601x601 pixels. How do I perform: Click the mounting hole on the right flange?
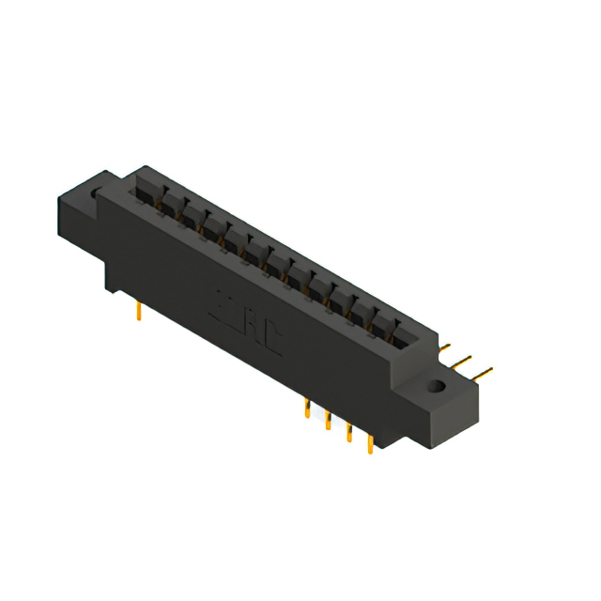click(x=436, y=385)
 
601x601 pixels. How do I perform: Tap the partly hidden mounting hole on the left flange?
click(x=94, y=194)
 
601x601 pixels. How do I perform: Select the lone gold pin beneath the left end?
click(x=139, y=310)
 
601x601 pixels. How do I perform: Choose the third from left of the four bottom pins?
click(x=349, y=433)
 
